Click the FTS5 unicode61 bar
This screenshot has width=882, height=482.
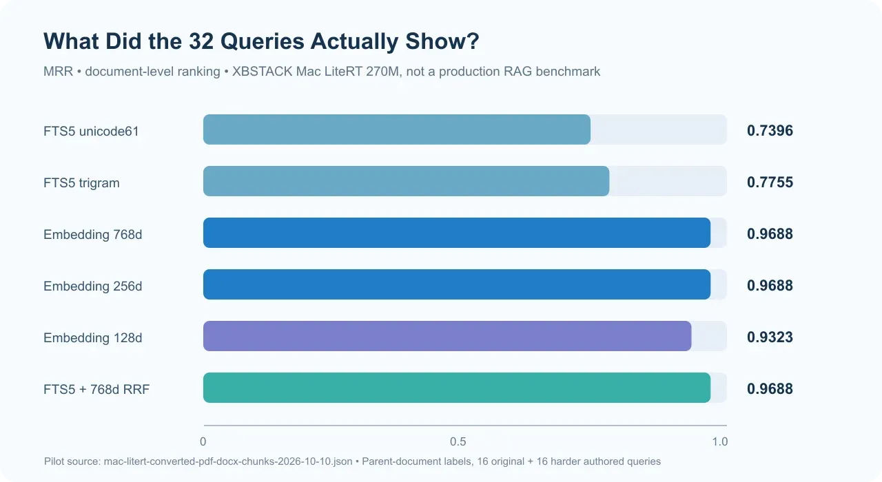point(396,129)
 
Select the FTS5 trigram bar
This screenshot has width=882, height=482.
point(406,181)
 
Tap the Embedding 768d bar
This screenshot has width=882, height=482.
point(457,233)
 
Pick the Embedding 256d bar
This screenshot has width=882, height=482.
point(457,284)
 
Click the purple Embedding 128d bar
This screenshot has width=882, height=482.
point(447,336)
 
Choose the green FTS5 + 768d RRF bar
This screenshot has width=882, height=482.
point(457,388)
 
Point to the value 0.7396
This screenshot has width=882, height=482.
point(770,131)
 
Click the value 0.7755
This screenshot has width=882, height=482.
point(770,182)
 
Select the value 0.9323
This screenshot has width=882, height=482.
point(770,337)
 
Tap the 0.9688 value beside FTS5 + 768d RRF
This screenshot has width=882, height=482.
point(770,389)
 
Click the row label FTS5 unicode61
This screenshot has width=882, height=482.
point(91,131)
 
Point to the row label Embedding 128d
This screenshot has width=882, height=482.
point(92,337)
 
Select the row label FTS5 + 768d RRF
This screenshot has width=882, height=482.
point(96,389)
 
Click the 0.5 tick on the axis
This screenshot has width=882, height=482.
point(458,441)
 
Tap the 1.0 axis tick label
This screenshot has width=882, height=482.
point(720,441)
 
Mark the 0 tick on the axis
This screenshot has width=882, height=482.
point(203,441)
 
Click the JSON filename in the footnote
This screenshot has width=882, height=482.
point(228,461)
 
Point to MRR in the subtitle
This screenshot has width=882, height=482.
point(59,71)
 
